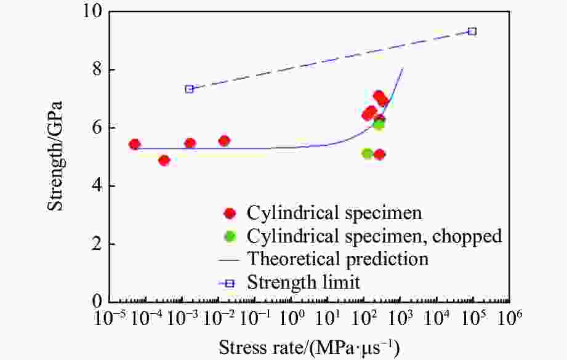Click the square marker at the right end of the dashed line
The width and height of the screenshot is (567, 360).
click(472, 31)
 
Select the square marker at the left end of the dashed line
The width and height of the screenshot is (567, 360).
click(190, 89)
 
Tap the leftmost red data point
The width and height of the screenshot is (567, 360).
click(135, 145)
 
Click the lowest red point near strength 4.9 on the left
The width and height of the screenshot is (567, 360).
click(164, 161)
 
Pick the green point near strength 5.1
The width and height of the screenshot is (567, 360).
click(368, 153)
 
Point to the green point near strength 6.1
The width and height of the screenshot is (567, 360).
click(379, 124)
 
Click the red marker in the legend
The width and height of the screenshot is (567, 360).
click(230, 214)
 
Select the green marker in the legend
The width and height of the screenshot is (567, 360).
click(230, 236)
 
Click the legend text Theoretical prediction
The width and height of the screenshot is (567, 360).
click(337, 258)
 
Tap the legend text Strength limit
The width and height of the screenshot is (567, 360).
click(303, 282)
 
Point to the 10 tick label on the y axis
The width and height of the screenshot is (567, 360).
click(90, 12)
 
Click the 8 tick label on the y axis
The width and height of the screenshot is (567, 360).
click(95, 70)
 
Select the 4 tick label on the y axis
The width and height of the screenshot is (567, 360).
click(95, 186)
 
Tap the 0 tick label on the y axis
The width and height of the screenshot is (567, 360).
click(95, 302)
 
